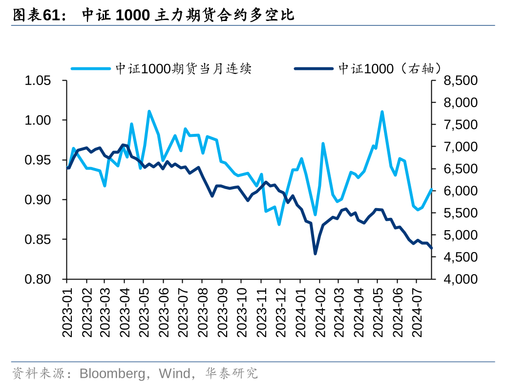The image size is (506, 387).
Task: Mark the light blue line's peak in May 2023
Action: click(149, 111)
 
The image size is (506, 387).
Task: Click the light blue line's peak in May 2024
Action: click(382, 112)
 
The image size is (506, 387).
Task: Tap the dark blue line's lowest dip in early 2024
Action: click(315, 254)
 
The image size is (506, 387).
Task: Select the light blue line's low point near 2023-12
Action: click(279, 224)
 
